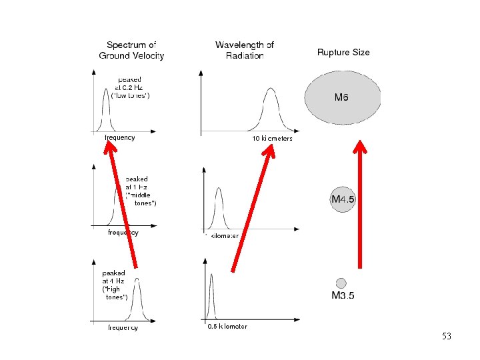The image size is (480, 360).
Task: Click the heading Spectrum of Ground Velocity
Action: point(131,51)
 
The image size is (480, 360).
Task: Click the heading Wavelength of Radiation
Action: point(245,50)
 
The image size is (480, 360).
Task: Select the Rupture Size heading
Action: point(343,52)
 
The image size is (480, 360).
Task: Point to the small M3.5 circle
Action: point(341,283)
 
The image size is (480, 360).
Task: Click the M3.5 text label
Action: point(343,296)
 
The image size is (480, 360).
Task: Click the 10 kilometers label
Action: point(272,139)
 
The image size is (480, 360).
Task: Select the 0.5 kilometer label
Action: point(227,326)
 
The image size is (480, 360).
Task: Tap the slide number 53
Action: point(447,337)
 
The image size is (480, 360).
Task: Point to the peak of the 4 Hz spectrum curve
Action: point(139,280)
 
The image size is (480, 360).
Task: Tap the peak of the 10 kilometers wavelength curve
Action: point(270,89)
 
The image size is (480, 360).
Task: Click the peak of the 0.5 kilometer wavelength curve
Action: point(212,275)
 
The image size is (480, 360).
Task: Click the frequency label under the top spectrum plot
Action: point(120,138)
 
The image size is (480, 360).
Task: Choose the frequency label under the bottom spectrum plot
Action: point(123,327)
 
